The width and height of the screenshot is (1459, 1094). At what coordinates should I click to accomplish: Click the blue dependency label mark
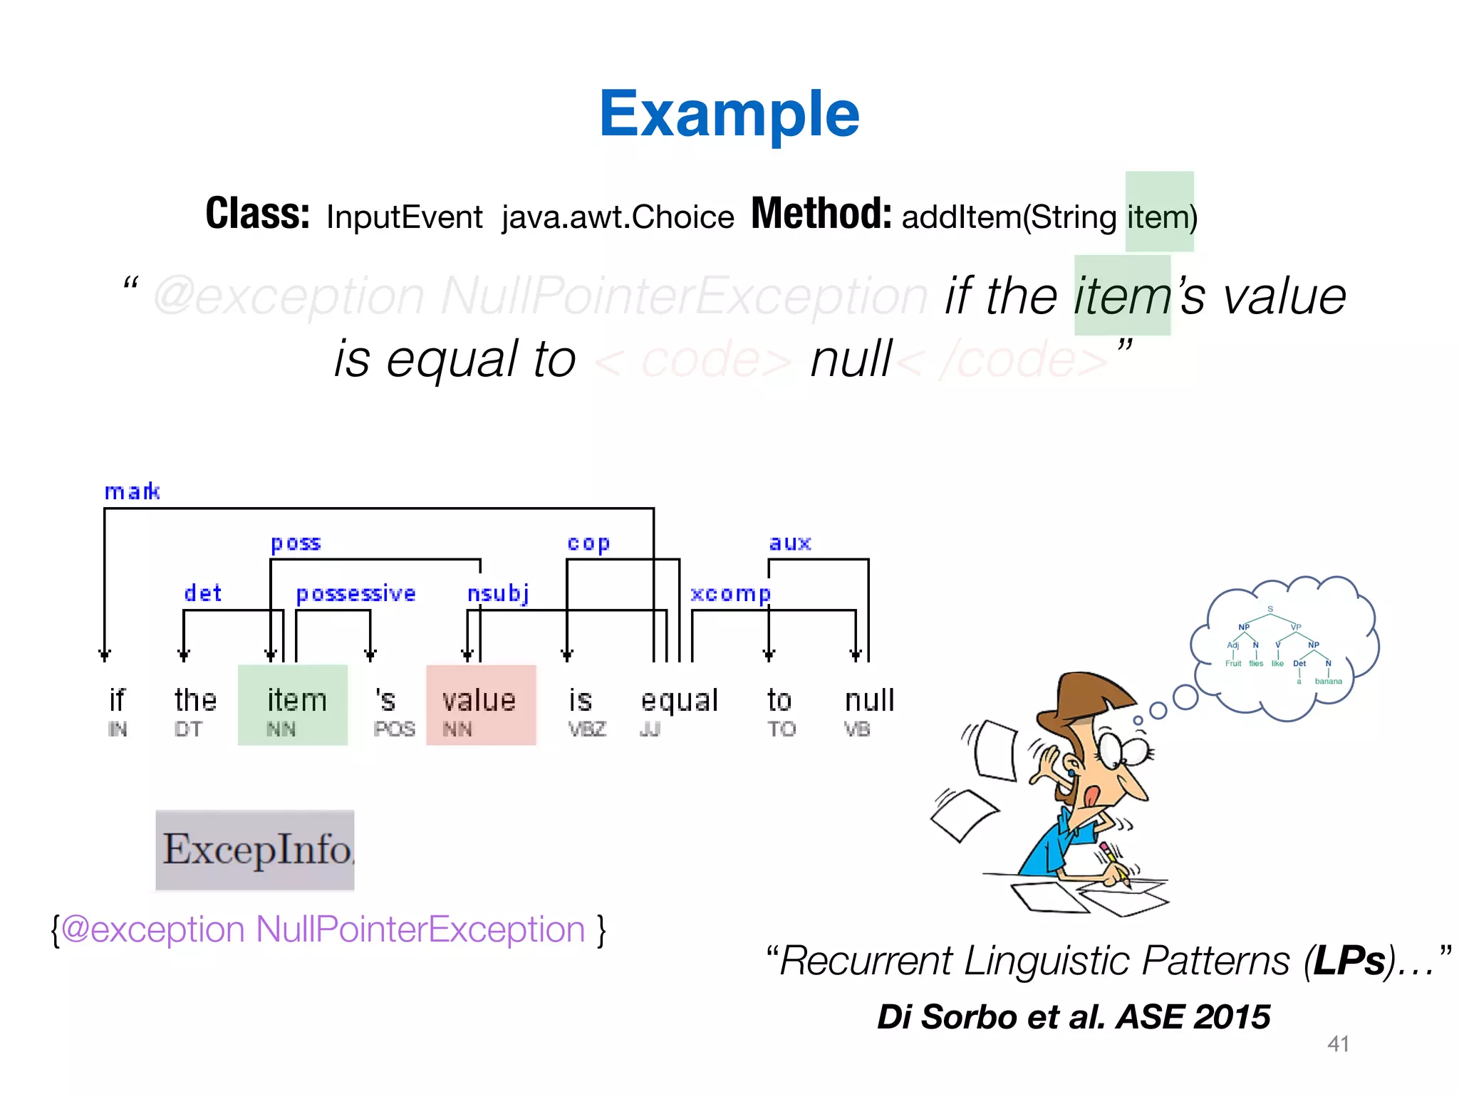(132, 491)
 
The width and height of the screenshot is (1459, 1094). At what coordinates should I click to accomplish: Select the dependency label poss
(296, 543)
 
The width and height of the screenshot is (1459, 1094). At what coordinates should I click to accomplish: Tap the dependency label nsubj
(498, 593)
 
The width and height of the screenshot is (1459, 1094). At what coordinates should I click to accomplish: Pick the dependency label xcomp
(730, 594)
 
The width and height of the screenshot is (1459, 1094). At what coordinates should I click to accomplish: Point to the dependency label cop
(588, 543)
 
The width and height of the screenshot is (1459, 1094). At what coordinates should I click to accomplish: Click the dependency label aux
(790, 543)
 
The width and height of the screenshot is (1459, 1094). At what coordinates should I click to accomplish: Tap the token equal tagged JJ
(679, 701)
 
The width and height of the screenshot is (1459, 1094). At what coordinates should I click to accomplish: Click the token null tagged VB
(869, 701)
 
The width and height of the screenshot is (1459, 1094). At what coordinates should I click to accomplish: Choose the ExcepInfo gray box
(255, 849)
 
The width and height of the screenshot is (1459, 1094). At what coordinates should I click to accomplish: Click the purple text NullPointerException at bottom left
(420, 929)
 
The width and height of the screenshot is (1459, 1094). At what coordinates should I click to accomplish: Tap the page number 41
(1338, 1044)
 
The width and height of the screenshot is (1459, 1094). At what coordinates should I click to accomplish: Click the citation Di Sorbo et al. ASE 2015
(1074, 1016)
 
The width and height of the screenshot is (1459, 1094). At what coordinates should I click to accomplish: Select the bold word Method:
(821, 214)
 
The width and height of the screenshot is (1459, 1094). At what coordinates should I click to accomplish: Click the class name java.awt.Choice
(618, 217)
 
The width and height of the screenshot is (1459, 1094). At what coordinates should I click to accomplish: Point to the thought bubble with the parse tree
(1282, 645)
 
